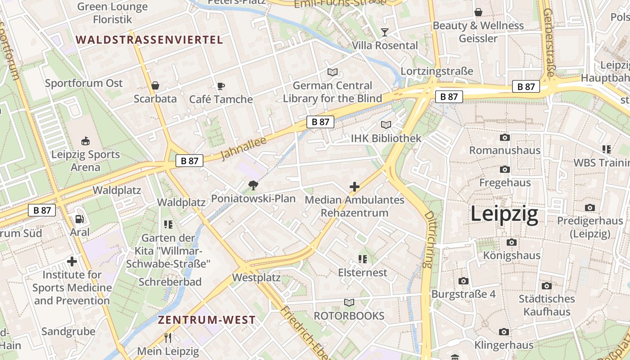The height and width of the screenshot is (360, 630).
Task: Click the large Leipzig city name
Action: coord(504,214)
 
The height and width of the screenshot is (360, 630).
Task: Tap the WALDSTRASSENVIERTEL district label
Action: coord(149,40)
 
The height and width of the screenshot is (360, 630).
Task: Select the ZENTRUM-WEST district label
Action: coord(207,320)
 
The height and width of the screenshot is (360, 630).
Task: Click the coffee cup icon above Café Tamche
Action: coord(220,86)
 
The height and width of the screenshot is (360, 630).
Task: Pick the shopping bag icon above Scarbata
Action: coord(155,85)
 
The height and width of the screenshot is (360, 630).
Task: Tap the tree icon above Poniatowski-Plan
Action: coord(253,185)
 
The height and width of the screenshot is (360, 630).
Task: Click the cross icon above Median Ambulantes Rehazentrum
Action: coord(355,186)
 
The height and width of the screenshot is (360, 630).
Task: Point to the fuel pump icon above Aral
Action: coord(80,219)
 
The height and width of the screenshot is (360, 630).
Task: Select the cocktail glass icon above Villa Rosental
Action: coord(385,32)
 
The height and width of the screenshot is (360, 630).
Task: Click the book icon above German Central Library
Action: coord(333,72)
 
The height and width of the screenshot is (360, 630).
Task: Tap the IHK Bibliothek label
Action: coord(386,138)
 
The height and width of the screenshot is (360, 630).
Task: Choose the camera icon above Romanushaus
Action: coord(505,137)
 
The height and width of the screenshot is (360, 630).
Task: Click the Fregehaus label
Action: coord(505,183)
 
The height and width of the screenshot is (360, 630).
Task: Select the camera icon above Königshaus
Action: coord(512,242)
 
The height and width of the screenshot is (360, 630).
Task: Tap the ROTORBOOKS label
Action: coord(349,315)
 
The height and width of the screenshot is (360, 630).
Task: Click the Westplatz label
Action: coord(256,277)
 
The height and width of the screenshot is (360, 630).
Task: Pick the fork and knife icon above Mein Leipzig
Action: coord(168,337)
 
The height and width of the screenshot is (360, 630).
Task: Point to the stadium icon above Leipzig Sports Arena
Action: coord(85,141)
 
